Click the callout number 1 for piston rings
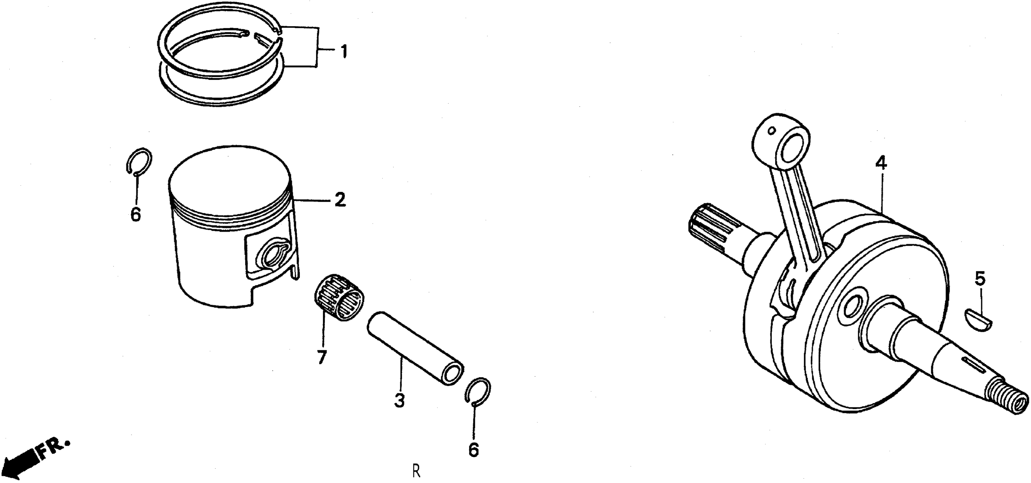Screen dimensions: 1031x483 (343, 52)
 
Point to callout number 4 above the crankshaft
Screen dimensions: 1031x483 (881, 164)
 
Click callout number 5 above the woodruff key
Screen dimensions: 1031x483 (980, 279)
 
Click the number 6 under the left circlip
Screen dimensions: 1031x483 (136, 215)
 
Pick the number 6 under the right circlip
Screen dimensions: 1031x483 (474, 451)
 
